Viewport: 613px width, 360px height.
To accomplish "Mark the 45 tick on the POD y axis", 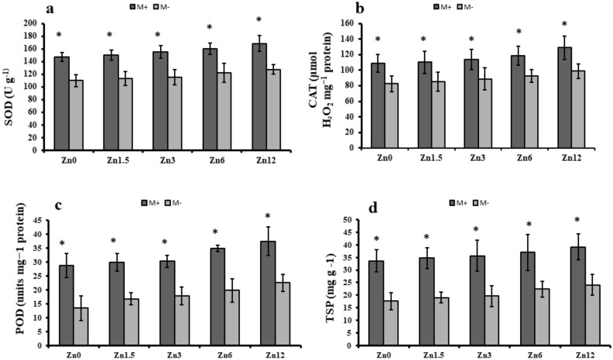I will [x=38, y=221].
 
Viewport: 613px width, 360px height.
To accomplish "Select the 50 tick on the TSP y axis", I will [x=351, y=221].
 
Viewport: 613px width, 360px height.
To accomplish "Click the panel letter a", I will [x=50, y=9].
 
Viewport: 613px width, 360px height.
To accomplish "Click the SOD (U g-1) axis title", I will [x=11, y=86].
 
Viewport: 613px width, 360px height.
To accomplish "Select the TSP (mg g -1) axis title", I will [x=328, y=282].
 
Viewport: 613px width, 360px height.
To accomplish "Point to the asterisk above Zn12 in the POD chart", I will [x=267, y=216].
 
